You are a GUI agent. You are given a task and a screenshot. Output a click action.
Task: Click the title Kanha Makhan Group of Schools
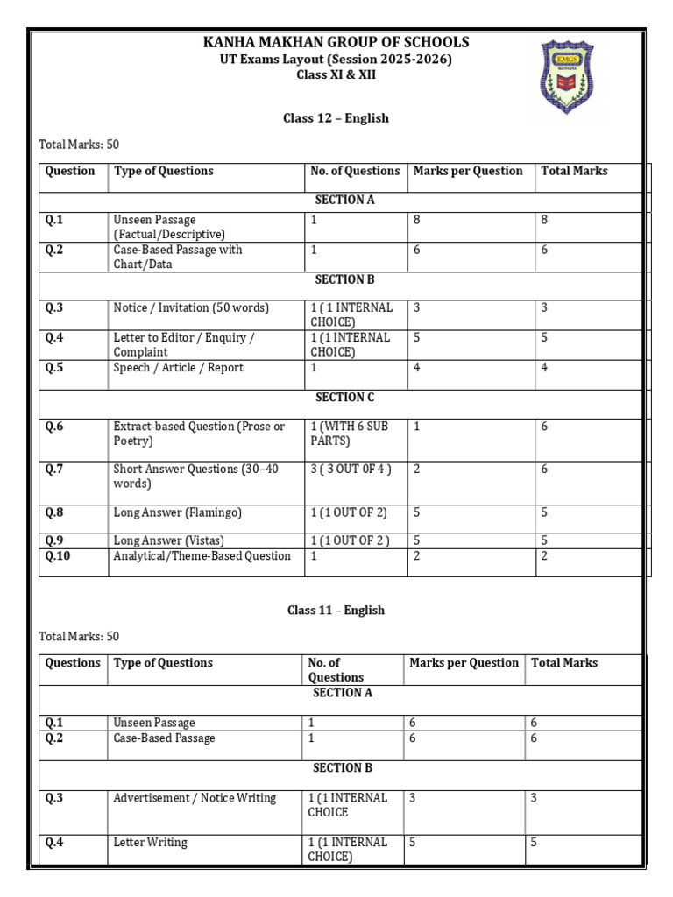click(x=336, y=42)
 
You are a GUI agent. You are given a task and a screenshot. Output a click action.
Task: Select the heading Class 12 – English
click(x=336, y=118)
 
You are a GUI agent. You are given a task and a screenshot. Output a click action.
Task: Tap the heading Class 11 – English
click(x=336, y=611)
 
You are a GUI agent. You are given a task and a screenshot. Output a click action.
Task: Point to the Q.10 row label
click(x=58, y=556)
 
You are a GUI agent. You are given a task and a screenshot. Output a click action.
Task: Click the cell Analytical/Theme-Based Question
click(x=202, y=556)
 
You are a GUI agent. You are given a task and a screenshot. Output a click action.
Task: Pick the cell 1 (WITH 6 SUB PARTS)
click(x=349, y=434)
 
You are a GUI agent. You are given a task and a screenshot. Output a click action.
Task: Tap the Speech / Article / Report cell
click(x=178, y=368)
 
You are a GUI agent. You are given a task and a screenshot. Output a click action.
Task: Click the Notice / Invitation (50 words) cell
click(x=191, y=308)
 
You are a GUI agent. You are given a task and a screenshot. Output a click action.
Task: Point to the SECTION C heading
click(x=344, y=398)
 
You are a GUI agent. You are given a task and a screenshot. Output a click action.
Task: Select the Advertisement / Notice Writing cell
click(x=195, y=798)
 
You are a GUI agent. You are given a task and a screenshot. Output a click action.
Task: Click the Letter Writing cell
click(x=150, y=843)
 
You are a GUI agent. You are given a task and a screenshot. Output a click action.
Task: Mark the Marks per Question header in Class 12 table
click(x=468, y=172)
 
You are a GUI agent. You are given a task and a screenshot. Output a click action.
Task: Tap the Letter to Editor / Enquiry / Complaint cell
click(x=184, y=344)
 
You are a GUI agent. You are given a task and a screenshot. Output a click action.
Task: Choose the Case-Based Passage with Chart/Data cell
click(x=178, y=257)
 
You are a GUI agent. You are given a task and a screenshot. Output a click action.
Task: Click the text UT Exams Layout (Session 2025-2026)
click(x=336, y=60)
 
